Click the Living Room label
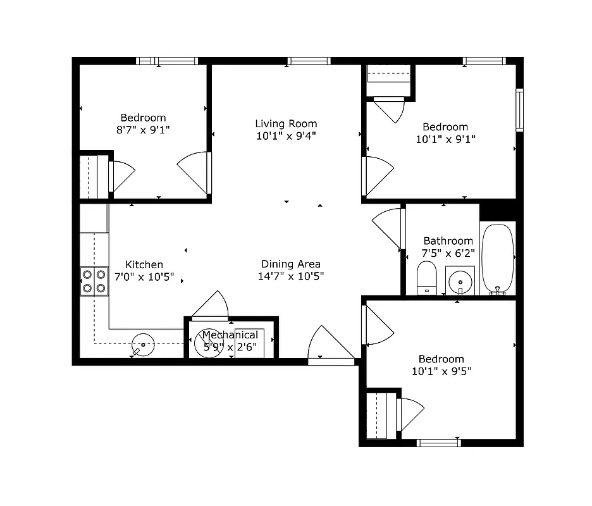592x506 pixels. [x=286, y=123]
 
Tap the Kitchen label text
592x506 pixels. [x=144, y=264]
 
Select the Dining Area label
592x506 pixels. [x=291, y=264]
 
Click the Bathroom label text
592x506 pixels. [x=448, y=240]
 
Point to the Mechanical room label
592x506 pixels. [x=230, y=335]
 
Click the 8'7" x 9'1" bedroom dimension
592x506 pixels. [x=143, y=130]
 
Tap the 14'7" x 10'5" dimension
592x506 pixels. [x=291, y=276]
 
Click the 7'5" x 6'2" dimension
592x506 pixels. [x=448, y=253]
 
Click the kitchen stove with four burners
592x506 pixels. [x=94, y=281]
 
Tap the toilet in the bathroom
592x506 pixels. [x=427, y=278]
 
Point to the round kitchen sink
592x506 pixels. [x=143, y=344]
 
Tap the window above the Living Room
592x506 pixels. [x=309, y=61]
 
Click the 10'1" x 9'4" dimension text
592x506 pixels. [x=286, y=136]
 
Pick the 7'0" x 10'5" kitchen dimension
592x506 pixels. [x=144, y=277]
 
